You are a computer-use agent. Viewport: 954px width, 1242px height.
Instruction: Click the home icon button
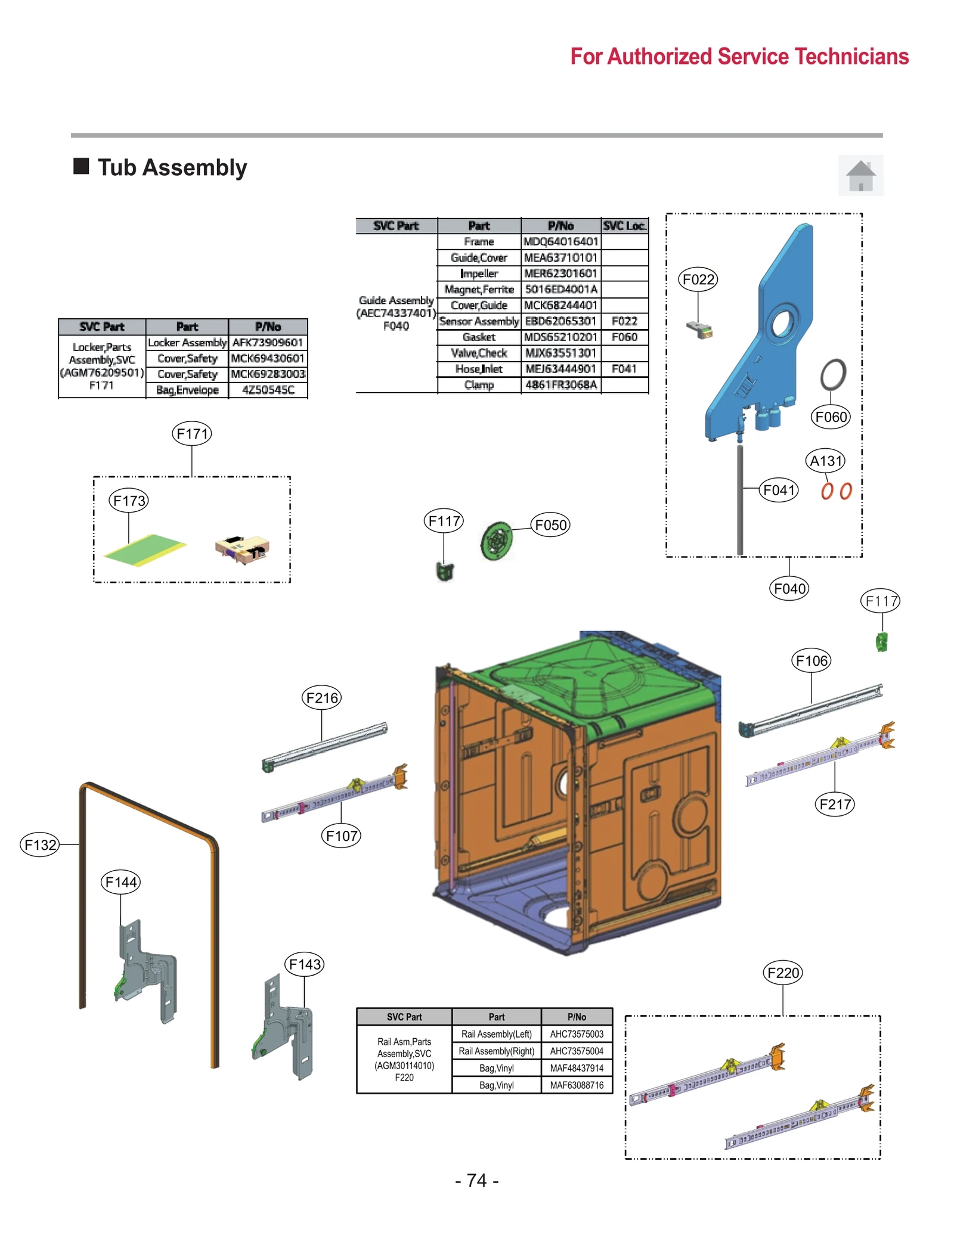click(x=860, y=175)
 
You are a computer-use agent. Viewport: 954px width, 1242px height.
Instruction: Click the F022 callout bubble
click(x=698, y=279)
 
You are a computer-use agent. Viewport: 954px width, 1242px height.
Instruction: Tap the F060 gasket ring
click(x=832, y=374)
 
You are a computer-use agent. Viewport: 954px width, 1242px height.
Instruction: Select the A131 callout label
click(x=825, y=460)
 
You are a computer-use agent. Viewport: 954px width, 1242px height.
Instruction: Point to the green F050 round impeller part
click(x=496, y=541)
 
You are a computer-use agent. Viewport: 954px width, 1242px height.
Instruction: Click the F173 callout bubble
click(x=129, y=500)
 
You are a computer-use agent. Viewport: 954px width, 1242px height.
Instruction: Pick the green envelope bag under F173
click(x=144, y=549)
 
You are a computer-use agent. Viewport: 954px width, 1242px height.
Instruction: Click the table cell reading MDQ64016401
click(x=560, y=241)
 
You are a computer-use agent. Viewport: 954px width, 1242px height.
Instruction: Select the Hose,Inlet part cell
click(x=479, y=369)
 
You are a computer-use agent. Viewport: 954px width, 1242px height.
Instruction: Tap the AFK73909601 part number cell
click(x=268, y=342)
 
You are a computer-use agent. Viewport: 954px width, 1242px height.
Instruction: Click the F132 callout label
click(x=40, y=844)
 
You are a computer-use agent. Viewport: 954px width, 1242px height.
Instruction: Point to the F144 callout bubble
click(x=120, y=881)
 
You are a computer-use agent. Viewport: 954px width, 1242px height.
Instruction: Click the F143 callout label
click(x=304, y=964)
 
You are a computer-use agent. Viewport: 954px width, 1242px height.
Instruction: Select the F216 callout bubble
click(x=321, y=697)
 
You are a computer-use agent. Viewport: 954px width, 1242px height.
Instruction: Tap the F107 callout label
click(x=341, y=836)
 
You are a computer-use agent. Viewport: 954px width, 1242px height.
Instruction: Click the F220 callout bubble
click(x=782, y=973)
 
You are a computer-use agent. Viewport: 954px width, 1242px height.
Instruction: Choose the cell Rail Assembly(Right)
click(x=496, y=1051)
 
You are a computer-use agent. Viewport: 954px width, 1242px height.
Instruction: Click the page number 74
click(x=476, y=1180)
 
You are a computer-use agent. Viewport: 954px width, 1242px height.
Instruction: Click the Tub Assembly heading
click(x=172, y=167)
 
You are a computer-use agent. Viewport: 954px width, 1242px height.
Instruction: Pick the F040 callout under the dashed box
click(x=789, y=589)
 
